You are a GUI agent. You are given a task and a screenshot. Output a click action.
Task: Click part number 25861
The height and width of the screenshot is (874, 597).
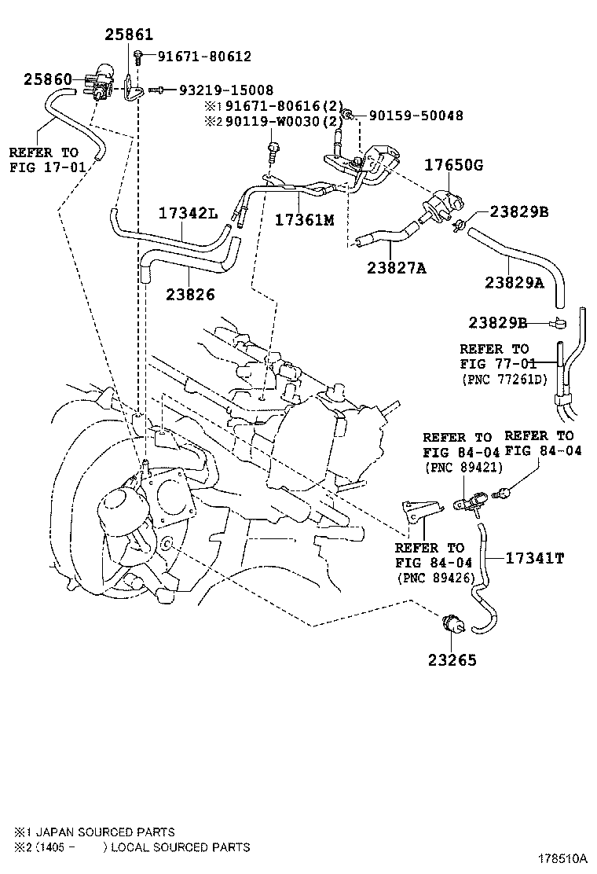click(130, 35)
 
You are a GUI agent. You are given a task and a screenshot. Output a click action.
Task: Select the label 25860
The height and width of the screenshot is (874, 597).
click(48, 79)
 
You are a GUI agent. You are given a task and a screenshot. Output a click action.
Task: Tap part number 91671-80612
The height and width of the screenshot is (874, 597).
click(204, 57)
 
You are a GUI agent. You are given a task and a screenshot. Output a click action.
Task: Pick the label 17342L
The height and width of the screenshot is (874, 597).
click(189, 212)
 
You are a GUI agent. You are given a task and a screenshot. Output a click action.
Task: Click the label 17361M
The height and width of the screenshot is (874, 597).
click(304, 219)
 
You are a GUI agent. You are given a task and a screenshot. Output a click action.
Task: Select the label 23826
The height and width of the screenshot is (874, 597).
click(190, 294)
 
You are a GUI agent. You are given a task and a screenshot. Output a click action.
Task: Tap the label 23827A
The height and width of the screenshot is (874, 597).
click(396, 268)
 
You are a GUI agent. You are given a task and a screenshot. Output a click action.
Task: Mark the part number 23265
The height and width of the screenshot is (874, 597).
click(452, 659)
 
